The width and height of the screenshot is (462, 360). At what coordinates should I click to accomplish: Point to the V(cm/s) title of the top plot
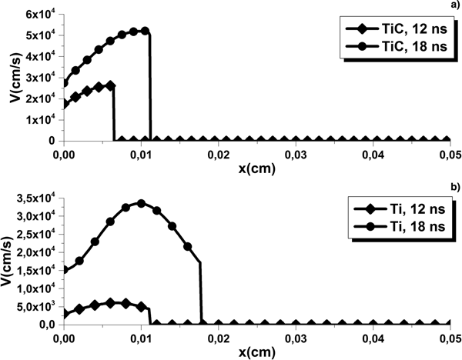9,77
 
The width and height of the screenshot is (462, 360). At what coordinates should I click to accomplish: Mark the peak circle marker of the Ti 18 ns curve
141,203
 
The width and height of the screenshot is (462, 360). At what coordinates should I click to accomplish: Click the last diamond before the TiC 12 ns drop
111,85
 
